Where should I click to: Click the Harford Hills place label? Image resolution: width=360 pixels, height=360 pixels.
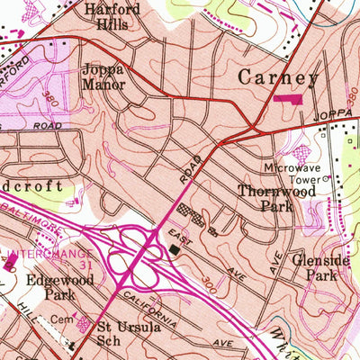(x=112, y=17)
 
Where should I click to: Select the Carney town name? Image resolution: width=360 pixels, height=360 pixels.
(x=278, y=78)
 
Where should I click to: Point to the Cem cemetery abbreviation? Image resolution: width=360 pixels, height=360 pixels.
(x=61, y=319)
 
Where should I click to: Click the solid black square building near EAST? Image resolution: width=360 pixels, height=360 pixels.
(x=173, y=249)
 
